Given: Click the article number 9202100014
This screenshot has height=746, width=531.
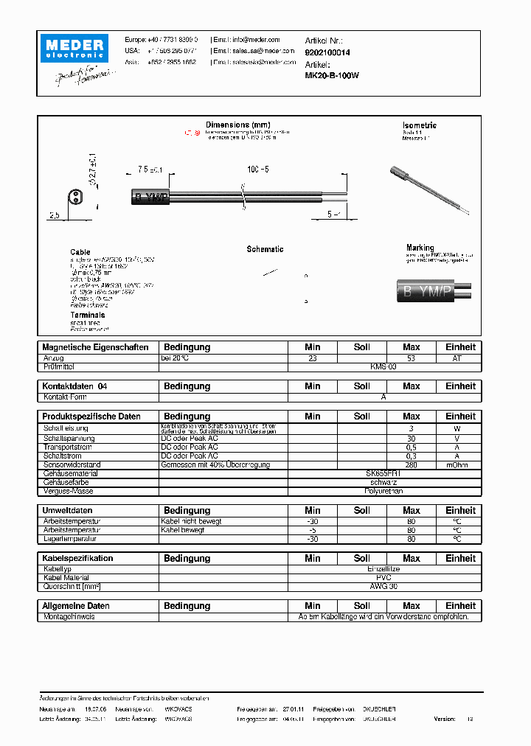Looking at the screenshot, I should click(x=327, y=53).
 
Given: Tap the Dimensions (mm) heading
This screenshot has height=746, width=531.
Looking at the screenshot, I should click(x=238, y=125).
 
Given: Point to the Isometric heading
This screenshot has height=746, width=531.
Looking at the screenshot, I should click(x=420, y=125).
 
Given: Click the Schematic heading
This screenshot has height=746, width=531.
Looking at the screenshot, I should click(x=265, y=249).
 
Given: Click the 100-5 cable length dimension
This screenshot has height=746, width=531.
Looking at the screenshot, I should click(x=258, y=170).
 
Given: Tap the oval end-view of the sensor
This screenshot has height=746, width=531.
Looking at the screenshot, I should click(x=75, y=197).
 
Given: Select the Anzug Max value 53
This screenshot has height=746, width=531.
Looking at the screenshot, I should click(x=411, y=358).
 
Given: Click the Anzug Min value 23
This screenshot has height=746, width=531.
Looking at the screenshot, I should click(x=312, y=358).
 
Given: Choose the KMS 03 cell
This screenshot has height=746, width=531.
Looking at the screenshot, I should click(x=383, y=366).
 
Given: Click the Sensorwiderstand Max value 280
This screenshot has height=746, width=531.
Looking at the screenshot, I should click(x=411, y=464).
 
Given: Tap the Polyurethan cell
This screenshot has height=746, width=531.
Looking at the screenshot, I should click(x=383, y=490).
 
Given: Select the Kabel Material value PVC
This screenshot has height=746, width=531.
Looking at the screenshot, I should click(x=383, y=578).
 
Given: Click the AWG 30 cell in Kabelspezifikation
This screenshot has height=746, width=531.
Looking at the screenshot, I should click(x=383, y=586).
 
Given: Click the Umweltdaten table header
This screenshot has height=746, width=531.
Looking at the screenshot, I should click(x=68, y=510).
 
